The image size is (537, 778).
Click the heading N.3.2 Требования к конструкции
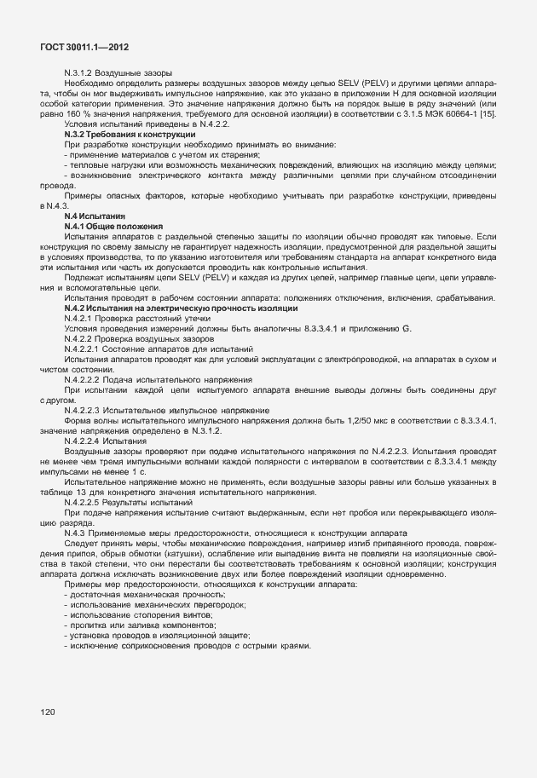click(130, 134)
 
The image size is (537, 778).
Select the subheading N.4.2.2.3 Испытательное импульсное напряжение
click(167, 410)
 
